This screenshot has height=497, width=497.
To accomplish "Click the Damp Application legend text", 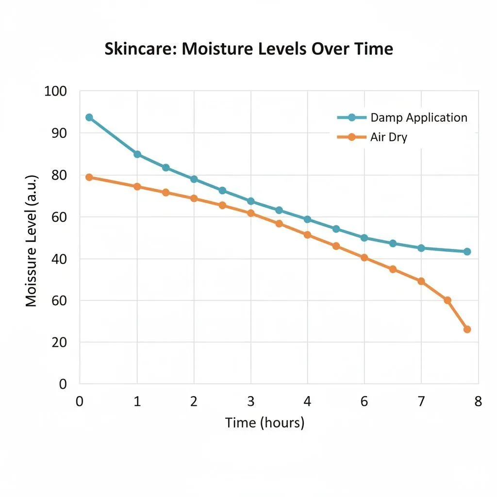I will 418,117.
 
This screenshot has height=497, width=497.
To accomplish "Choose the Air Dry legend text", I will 389,137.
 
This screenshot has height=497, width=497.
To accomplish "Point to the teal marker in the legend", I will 351,117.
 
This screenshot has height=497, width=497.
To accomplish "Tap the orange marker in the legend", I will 351,137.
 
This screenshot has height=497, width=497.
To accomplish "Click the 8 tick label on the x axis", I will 478,401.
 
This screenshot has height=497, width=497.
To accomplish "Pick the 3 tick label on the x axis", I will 251,401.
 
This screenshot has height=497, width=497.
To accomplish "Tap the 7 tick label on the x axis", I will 421,401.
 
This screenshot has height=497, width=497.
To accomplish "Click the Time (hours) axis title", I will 265,423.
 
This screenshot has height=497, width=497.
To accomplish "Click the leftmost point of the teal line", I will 89,117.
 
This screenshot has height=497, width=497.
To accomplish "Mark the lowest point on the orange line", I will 467,329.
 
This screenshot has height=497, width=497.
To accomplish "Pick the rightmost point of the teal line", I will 467,251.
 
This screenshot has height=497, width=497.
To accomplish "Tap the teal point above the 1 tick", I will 137,154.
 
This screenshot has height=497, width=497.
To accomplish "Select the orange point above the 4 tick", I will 307,235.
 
